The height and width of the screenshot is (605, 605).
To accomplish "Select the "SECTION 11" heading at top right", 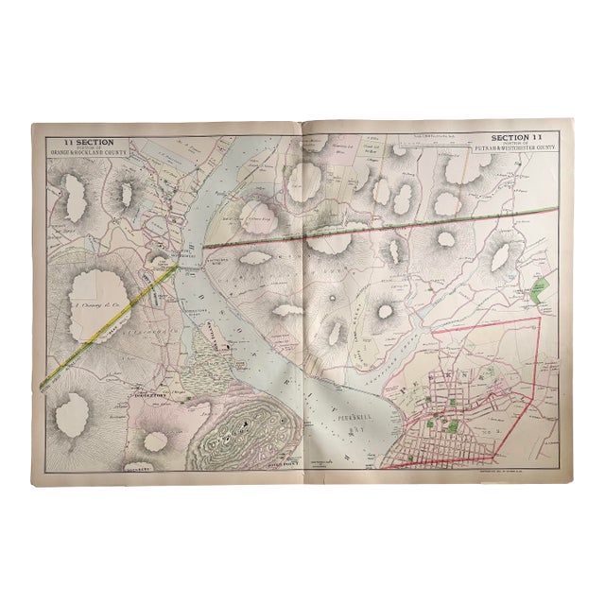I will (x=522, y=137).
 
